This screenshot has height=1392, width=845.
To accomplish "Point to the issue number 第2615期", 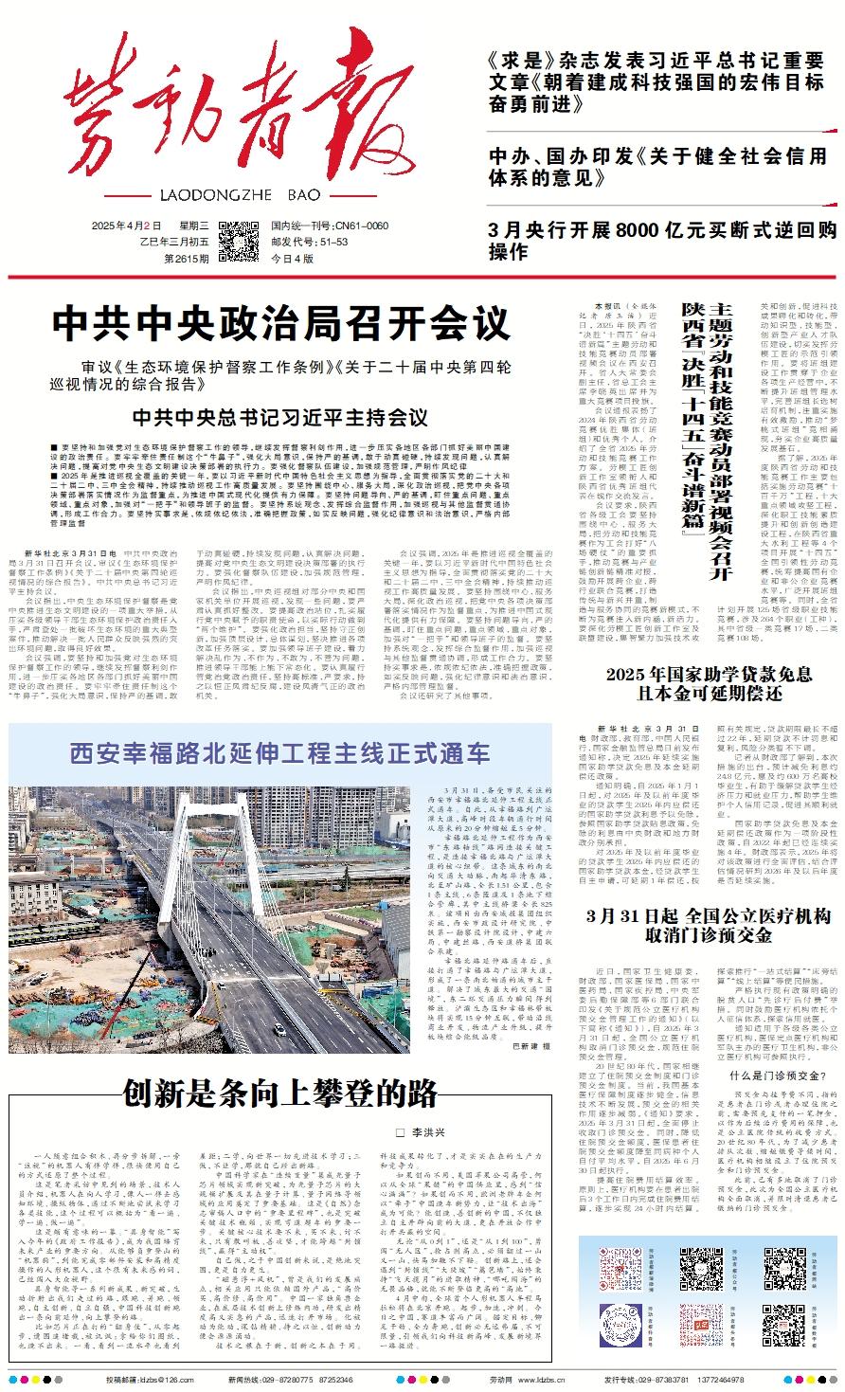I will pyautogui.click(x=185, y=257).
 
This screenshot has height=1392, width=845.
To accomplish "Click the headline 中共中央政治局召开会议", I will pyautogui.click(x=280, y=324).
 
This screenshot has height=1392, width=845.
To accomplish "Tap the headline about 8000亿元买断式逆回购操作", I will pyautogui.click(x=662, y=241).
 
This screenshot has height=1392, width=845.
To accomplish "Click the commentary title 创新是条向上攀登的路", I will pyautogui.click(x=280, y=1093).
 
